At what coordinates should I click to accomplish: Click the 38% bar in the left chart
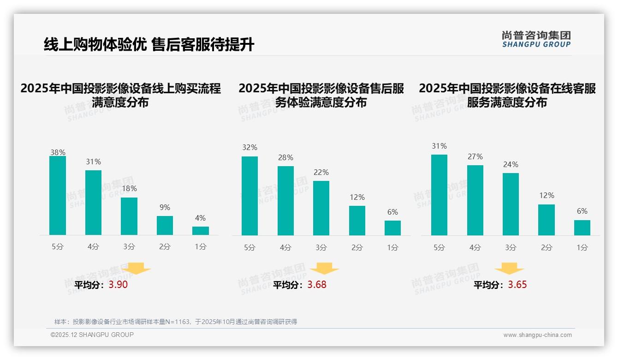pyautogui.click(x=58, y=195)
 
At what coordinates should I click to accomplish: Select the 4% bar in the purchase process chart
pyautogui.click(x=201, y=231)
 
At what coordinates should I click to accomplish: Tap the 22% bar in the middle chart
pyautogui.click(x=321, y=208)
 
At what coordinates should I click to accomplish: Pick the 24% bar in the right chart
pyautogui.click(x=511, y=204)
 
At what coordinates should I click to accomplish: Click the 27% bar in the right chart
pyautogui.click(x=475, y=200)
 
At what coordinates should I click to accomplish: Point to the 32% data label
pyautogui.click(x=250, y=148)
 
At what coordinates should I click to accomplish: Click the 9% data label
pyautogui.click(x=165, y=208)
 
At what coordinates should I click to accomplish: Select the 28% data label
pyautogui.click(x=285, y=158)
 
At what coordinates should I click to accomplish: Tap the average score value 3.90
pyautogui.click(x=118, y=285)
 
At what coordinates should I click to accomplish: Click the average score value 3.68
pyautogui.click(x=317, y=285)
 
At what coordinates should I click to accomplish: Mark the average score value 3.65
pyautogui.click(x=517, y=285)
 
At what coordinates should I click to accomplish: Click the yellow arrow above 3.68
pyautogui.click(x=325, y=269)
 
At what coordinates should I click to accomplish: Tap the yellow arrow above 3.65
pyautogui.click(x=509, y=269)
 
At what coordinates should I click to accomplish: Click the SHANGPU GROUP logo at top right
pyautogui.click(x=536, y=39)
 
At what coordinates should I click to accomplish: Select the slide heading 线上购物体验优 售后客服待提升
pyautogui.click(x=149, y=45)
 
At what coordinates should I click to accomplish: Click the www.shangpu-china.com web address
pyautogui.click(x=537, y=335)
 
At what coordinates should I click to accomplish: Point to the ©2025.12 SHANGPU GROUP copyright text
pyautogui.click(x=92, y=335)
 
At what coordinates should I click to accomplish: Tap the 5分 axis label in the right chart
pyautogui.click(x=439, y=248)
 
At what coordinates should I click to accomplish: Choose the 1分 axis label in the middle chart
pyautogui.click(x=393, y=248)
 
